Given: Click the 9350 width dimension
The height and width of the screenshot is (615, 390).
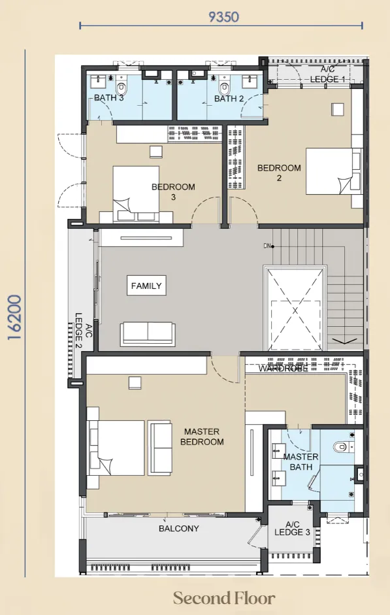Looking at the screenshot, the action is [223, 17].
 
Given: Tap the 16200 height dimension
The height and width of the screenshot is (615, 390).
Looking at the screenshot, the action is [14, 318].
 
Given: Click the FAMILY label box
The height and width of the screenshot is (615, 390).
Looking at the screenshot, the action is [146, 286].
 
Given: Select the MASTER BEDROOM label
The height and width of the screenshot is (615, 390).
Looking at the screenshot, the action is [202, 437].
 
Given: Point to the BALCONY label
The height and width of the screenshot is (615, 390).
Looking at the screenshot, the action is [179, 528].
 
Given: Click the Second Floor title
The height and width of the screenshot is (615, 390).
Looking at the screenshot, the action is [224, 598].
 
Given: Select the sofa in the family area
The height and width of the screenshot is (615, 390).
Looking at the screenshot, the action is [148, 334].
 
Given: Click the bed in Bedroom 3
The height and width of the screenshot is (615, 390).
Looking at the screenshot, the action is [136, 194].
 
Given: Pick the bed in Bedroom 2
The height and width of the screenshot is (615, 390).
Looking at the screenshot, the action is [334, 171].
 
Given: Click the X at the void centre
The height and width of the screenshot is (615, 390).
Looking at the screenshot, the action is [295, 310].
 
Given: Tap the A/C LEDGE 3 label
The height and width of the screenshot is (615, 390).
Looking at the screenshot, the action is [292, 528].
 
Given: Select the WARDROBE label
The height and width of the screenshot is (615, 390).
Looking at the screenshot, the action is [283, 369].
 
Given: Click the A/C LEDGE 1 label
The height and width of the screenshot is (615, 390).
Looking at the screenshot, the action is [328, 75].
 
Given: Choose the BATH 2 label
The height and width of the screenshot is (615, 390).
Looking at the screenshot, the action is [229, 99].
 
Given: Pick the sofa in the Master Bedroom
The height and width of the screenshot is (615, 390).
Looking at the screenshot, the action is [159, 448].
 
